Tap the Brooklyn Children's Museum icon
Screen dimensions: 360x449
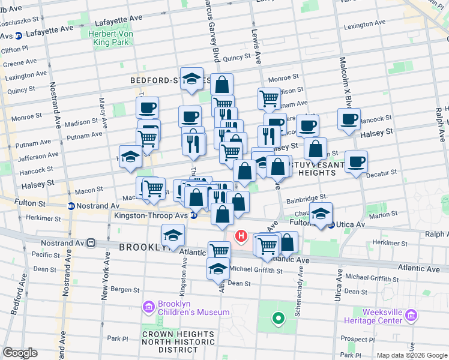[148, 308]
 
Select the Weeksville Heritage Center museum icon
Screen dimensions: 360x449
[411, 316]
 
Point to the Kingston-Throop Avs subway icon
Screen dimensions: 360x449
[194, 215]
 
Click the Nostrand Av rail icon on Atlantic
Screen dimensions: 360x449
[91, 243]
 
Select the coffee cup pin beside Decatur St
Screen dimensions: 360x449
[356, 161]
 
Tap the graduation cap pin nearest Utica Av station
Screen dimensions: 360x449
[321, 214]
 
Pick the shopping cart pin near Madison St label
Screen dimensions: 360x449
[269, 97]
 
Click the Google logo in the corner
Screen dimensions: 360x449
[20, 353]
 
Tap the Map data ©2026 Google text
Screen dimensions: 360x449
[411, 355]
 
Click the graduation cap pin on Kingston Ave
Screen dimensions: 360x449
[173, 235]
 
